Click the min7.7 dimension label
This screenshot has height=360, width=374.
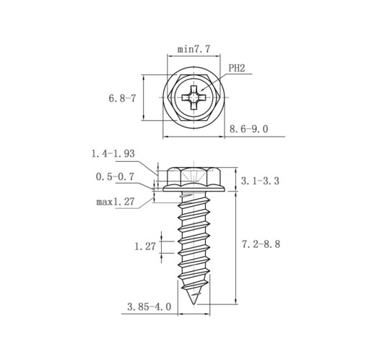tap(193, 49)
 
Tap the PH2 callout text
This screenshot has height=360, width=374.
tap(236, 68)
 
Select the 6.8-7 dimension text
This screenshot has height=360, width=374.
tap(122, 98)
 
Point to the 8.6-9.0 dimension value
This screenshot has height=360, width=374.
tap(248, 129)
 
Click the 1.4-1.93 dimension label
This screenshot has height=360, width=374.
tap(113, 153)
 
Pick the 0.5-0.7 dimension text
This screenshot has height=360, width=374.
tap(115, 176)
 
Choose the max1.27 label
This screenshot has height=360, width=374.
tap(116, 202)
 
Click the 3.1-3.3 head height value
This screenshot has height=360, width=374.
tap(260, 181)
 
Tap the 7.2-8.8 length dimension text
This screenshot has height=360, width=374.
tap(261, 244)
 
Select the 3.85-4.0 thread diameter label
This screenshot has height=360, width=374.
tap(149, 307)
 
